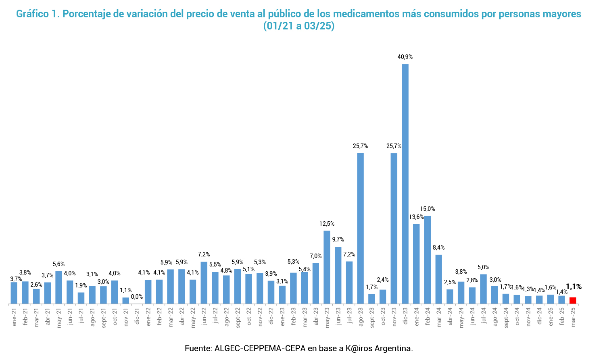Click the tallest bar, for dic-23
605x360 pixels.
(405, 184)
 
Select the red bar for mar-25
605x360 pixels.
(573, 300)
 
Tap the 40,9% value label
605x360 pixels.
(405, 57)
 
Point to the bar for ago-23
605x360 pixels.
(360, 228)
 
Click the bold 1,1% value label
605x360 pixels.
(574, 287)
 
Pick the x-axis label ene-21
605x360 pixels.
(14, 317)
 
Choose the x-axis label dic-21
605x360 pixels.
(137, 316)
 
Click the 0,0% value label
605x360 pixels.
(137, 297)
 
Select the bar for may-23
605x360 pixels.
(327, 267)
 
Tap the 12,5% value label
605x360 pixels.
(327, 224)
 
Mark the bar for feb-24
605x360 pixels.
(428, 260)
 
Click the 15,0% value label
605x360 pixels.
(428, 209)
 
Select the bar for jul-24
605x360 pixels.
(483, 289)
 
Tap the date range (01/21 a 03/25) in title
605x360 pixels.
(299, 26)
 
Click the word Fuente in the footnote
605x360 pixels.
(197, 348)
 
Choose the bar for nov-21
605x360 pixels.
(126, 300)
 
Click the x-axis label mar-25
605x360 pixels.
(573, 317)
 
